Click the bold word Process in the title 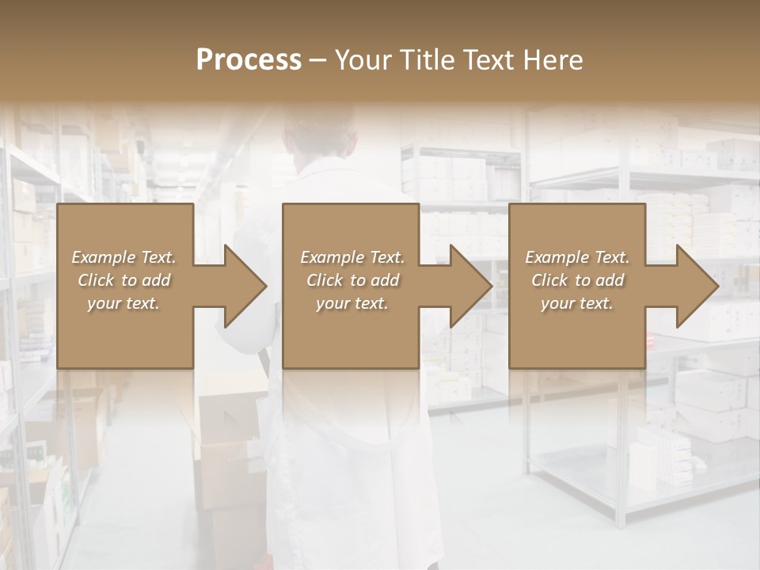(249, 60)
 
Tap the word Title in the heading (427, 60)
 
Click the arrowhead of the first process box (245, 286)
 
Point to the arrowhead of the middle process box (470, 286)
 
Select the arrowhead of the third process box (697, 286)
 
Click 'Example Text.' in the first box (123, 257)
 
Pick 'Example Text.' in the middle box (351, 257)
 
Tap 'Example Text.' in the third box (577, 257)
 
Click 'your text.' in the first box (123, 303)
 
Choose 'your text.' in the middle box (351, 303)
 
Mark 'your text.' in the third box (577, 303)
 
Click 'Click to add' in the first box (123, 280)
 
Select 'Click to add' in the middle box (351, 280)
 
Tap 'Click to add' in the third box (577, 280)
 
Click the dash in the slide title (318, 61)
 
